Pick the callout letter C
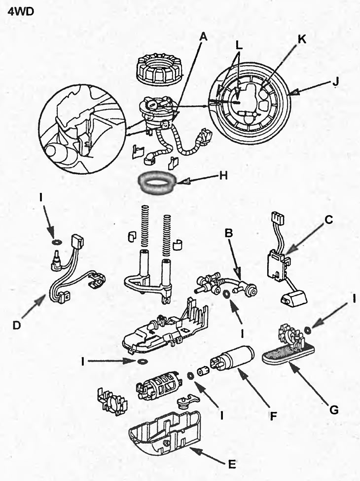[x=329, y=221]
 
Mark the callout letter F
[x=271, y=417]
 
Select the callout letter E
[x=232, y=463]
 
